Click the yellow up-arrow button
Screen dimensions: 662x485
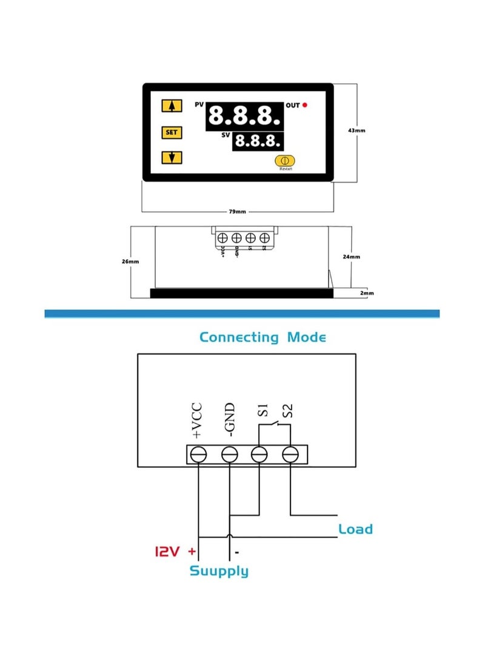(172, 106)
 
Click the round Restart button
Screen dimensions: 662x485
(284, 161)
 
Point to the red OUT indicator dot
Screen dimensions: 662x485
(306, 105)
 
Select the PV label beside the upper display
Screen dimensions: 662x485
(199, 105)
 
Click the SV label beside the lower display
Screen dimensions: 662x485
(225, 135)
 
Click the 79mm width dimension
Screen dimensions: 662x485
(237, 212)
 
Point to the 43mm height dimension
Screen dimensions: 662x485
(357, 130)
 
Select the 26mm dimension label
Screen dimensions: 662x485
(130, 262)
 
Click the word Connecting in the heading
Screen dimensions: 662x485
(239, 337)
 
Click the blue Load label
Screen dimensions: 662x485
(355, 529)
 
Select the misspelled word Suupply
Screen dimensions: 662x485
(219, 571)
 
